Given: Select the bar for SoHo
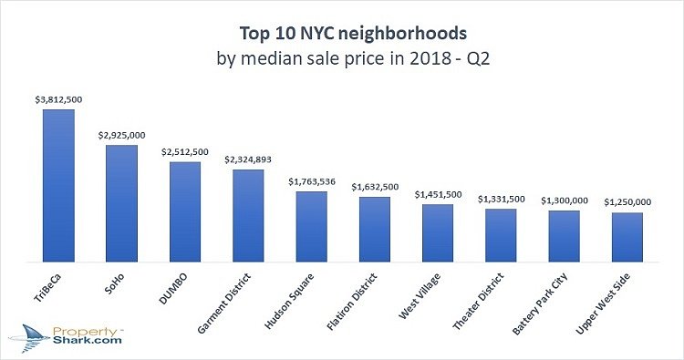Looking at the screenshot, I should (121, 203).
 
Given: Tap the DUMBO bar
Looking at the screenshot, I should (185, 212).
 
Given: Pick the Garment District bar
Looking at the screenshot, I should (248, 216).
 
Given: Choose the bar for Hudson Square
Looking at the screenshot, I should (311, 227).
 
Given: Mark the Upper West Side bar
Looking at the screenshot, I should (627, 237).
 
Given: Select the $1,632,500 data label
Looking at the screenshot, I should (375, 187).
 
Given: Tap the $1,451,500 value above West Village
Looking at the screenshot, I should (439, 194).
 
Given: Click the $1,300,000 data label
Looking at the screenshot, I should (565, 201).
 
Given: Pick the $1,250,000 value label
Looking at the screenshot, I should (628, 201).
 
